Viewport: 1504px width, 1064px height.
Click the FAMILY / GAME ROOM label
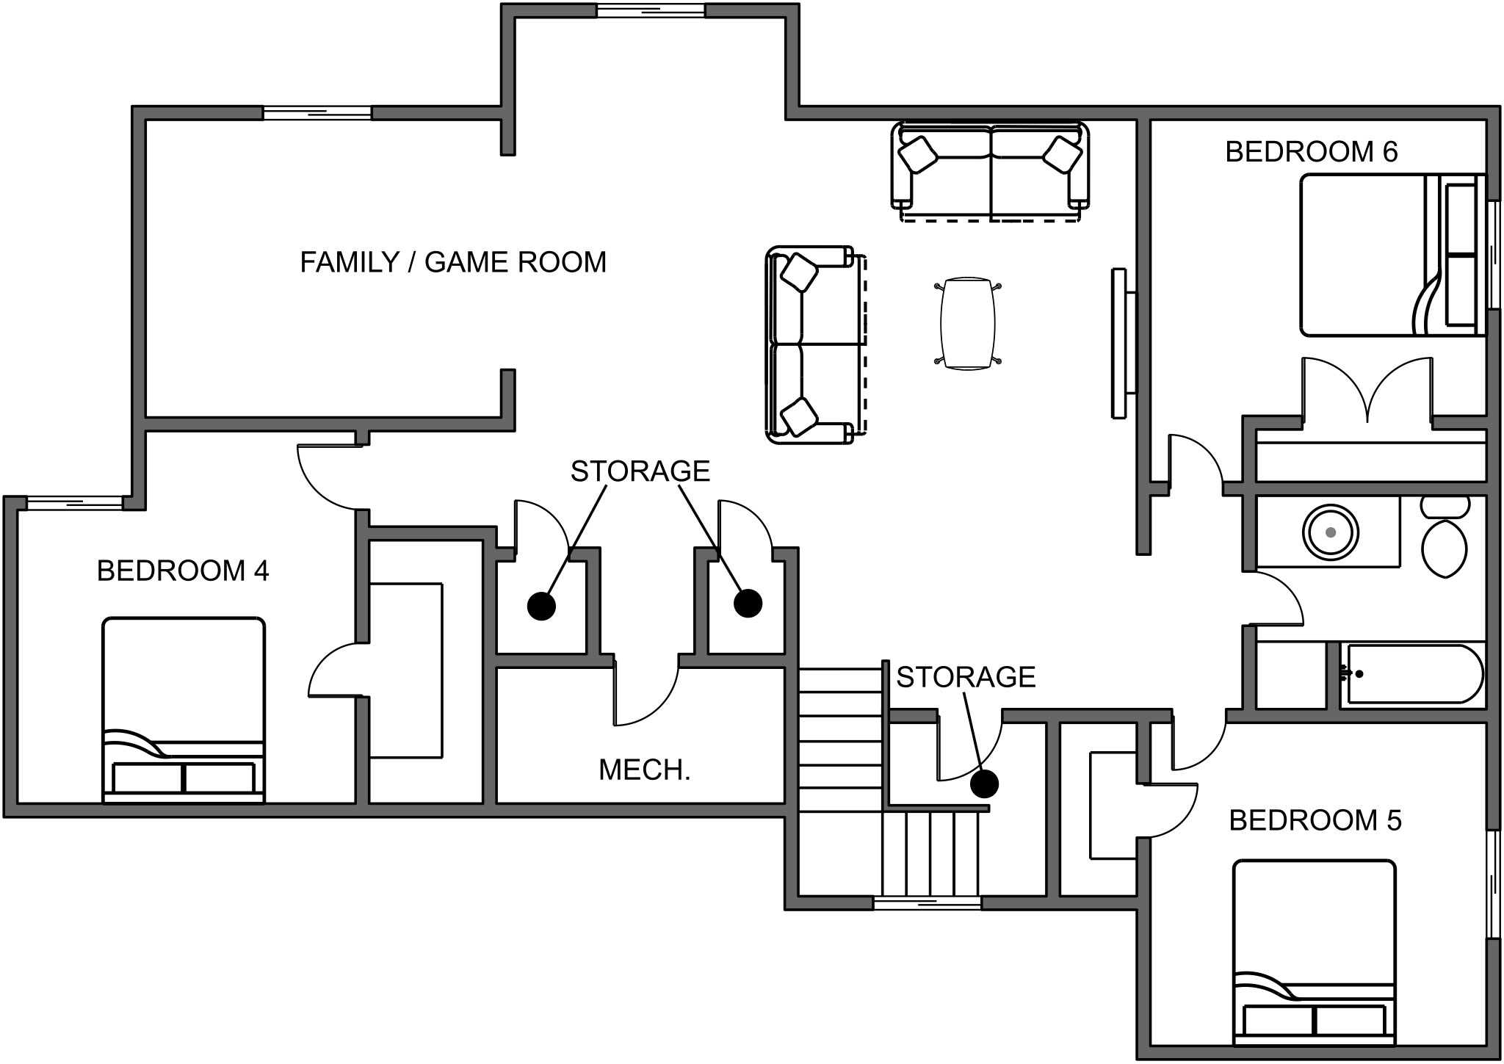click(x=453, y=262)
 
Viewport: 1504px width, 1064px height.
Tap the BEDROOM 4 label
click(x=183, y=571)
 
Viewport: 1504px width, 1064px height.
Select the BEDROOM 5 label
click(x=1315, y=820)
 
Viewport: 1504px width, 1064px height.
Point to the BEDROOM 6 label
click(x=1312, y=152)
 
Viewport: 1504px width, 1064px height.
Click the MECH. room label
click(x=645, y=770)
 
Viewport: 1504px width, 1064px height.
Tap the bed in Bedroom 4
click(x=184, y=709)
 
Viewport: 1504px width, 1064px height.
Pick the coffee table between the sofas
click(x=968, y=323)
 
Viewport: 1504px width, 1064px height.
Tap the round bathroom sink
click(x=1331, y=531)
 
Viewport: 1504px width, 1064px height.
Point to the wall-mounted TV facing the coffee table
click(x=1122, y=344)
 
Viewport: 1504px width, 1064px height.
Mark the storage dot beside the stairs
click(x=984, y=783)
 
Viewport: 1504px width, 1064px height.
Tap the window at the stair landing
click(x=927, y=902)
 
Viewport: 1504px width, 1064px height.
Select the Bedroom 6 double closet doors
click(x=1367, y=391)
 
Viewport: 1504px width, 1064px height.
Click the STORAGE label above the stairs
click(x=966, y=677)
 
